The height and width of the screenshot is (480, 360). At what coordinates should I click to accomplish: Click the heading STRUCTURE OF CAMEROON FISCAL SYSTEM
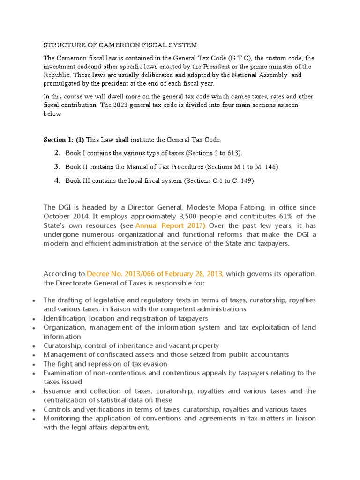click(120, 45)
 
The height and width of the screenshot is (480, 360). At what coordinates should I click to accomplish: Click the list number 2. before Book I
click(58, 153)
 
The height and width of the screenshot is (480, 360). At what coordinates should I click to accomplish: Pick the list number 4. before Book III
click(58, 180)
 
